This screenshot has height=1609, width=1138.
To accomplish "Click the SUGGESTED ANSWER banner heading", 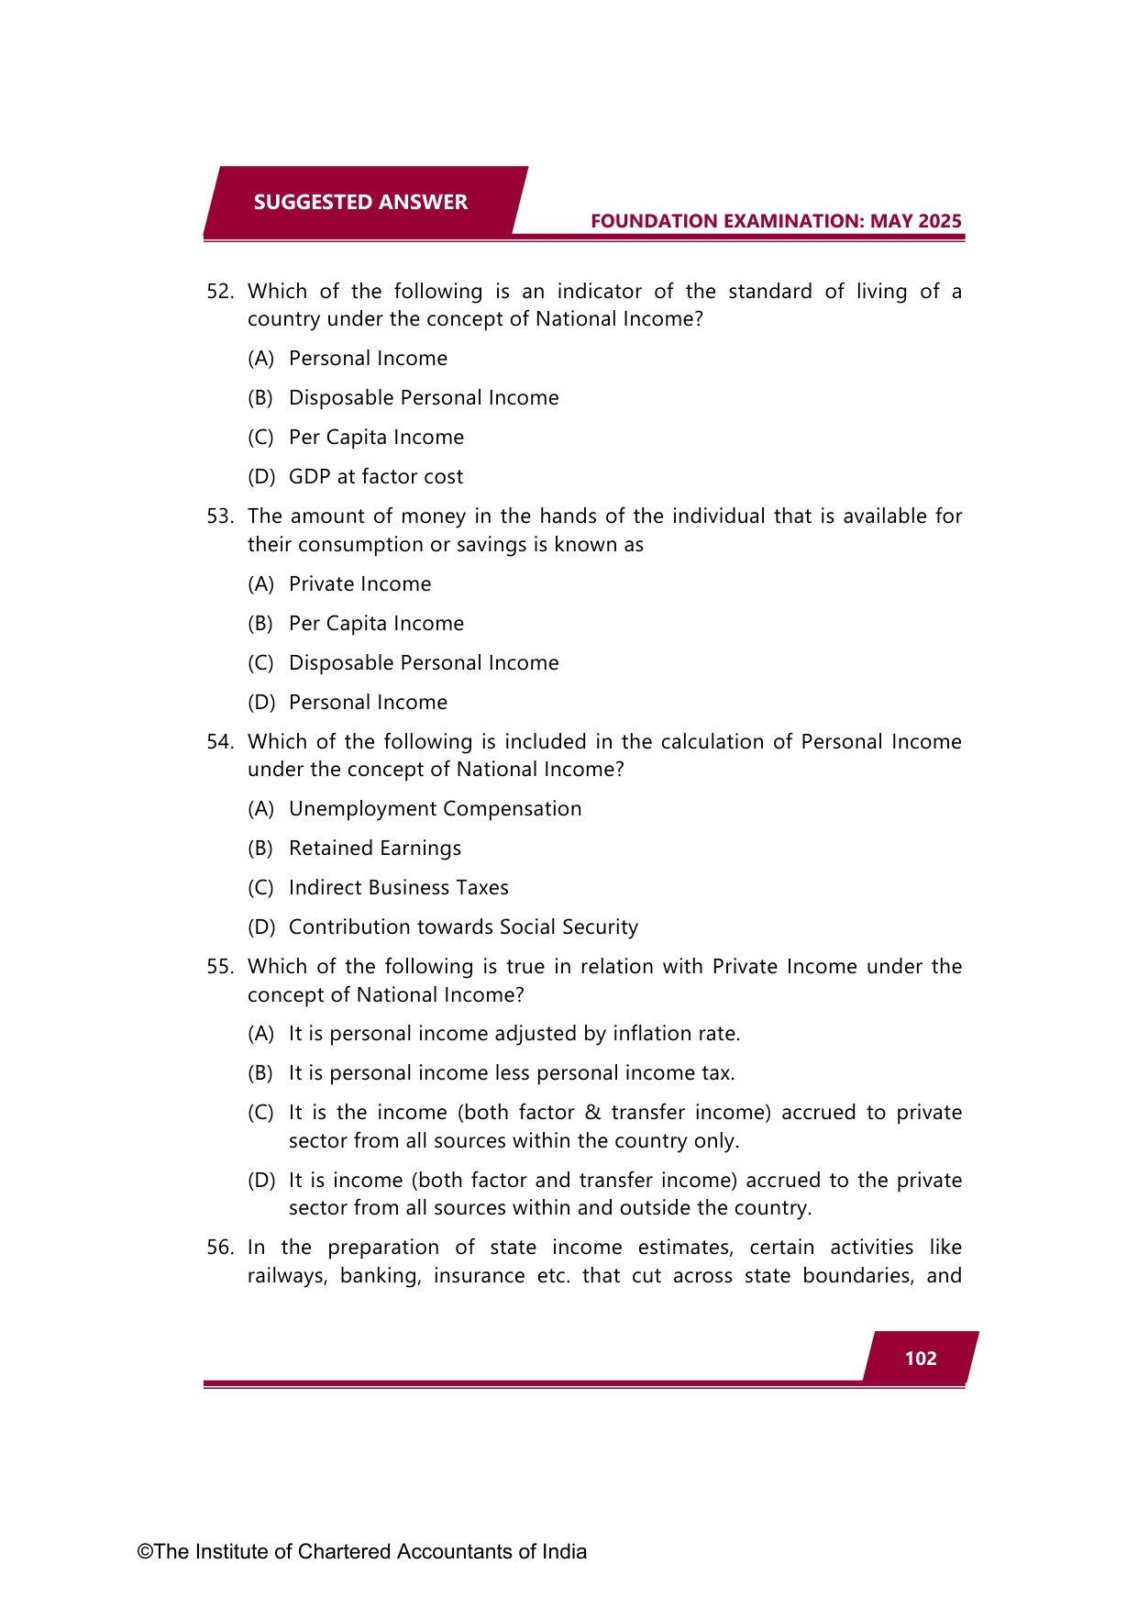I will pyautogui.click(x=360, y=203).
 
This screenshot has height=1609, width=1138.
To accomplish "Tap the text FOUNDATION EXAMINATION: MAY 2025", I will pyautogui.click(x=776, y=221).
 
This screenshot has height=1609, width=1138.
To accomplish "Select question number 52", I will pyautogui.click(x=219, y=292).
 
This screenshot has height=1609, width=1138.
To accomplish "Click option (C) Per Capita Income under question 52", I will pyautogui.click(x=376, y=438).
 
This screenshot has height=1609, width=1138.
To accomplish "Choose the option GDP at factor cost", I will pyautogui.click(x=376, y=477).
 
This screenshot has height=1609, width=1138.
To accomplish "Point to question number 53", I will pyautogui.click(x=219, y=516).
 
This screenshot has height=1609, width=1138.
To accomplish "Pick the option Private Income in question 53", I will pyautogui.click(x=359, y=584).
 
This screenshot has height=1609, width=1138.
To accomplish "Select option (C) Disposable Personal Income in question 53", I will pyautogui.click(x=424, y=663).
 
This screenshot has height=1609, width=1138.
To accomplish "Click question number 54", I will pyautogui.click(x=219, y=742).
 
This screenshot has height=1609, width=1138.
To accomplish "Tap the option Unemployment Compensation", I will pyautogui.click(x=435, y=809).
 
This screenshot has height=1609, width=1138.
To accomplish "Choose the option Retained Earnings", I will pyautogui.click(x=375, y=849).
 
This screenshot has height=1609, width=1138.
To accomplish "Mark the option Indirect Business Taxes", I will pyautogui.click(x=398, y=888).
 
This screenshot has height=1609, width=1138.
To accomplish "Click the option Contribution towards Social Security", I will pyautogui.click(x=463, y=927).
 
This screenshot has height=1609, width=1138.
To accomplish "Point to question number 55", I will pyautogui.click(x=219, y=967).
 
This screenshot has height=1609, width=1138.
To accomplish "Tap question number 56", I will pyautogui.click(x=219, y=1248).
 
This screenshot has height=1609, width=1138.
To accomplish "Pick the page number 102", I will pyautogui.click(x=921, y=1359).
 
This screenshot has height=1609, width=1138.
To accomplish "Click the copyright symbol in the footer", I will pyautogui.click(x=145, y=1552).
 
